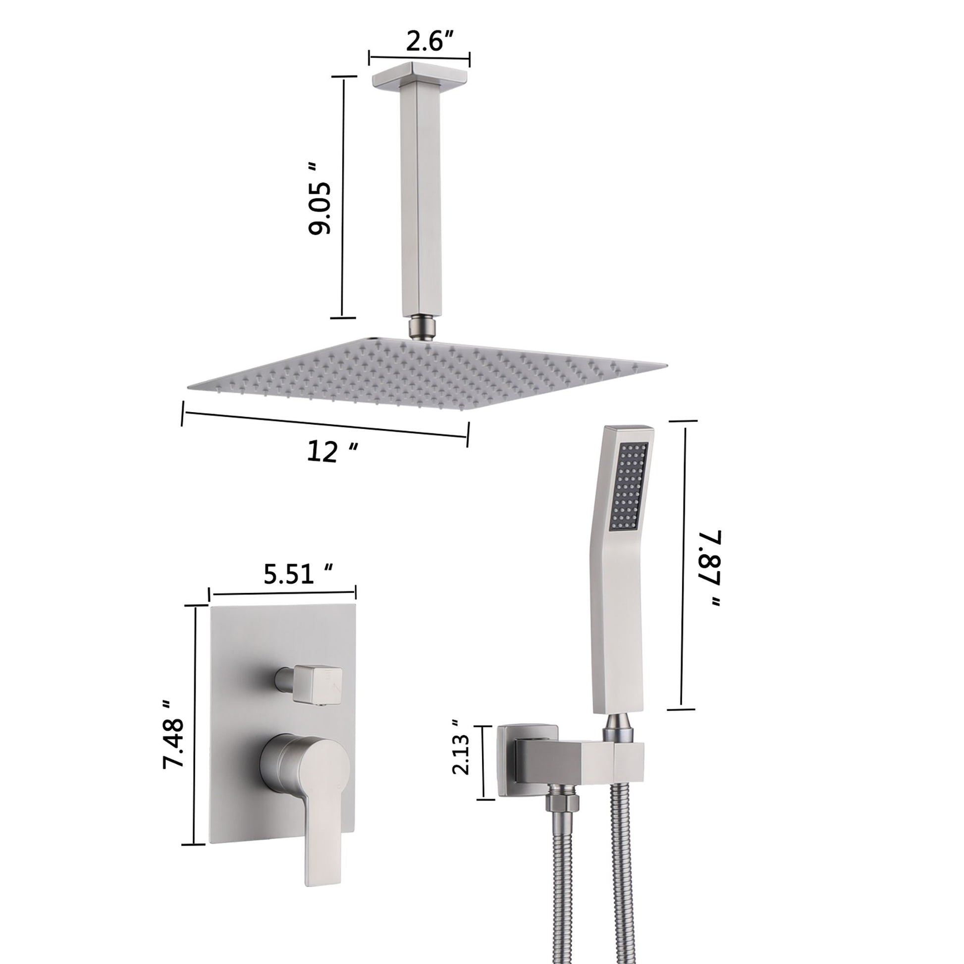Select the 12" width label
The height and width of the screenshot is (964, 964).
point(331,451)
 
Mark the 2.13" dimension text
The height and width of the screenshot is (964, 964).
point(461,761)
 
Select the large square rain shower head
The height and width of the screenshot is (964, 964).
point(424,372)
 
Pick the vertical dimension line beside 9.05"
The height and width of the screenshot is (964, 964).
point(343,197)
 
